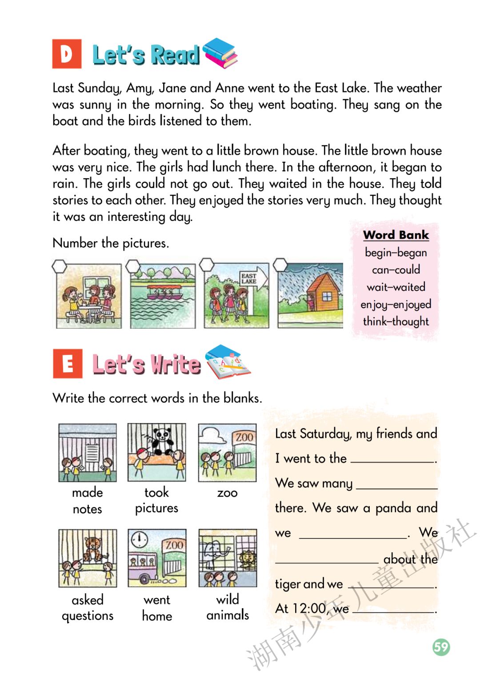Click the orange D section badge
click(x=67, y=54)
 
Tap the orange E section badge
click(x=68, y=364)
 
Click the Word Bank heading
click(x=396, y=235)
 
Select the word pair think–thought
click(x=396, y=321)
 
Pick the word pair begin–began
click(x=396, y=253)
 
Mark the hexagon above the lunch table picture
click(x=60, y=266)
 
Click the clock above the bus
click(x=140, y=539)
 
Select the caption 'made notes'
click(x=88, y=501)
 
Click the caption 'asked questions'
click(x=88, y=607)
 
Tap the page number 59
click(x=441, y=647)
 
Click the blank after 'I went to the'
click(x=392, y=459)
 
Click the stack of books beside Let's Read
click(x=220, y=53)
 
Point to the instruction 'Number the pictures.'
click(x=111, y=243)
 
